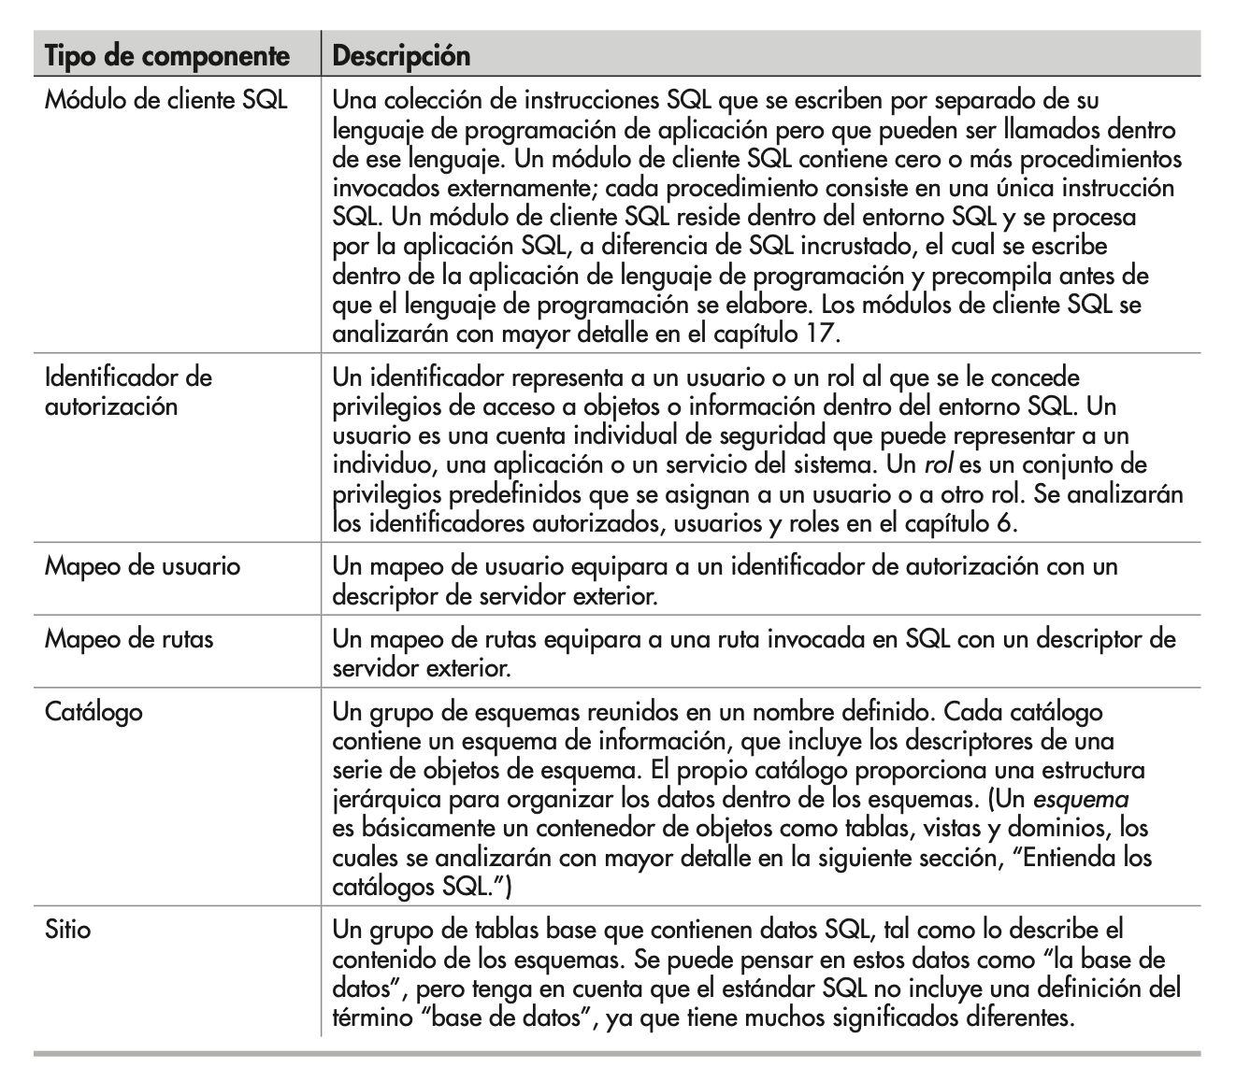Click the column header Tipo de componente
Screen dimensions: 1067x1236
point(167,56)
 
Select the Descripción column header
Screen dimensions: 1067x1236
point(401,56)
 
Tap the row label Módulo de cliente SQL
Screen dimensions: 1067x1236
point(165,100)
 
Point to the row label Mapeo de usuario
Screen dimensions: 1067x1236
point(142,566)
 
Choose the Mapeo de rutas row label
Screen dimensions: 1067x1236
point(129,639)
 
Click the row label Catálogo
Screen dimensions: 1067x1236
point(93,712)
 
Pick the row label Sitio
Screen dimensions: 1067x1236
point(67,931)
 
